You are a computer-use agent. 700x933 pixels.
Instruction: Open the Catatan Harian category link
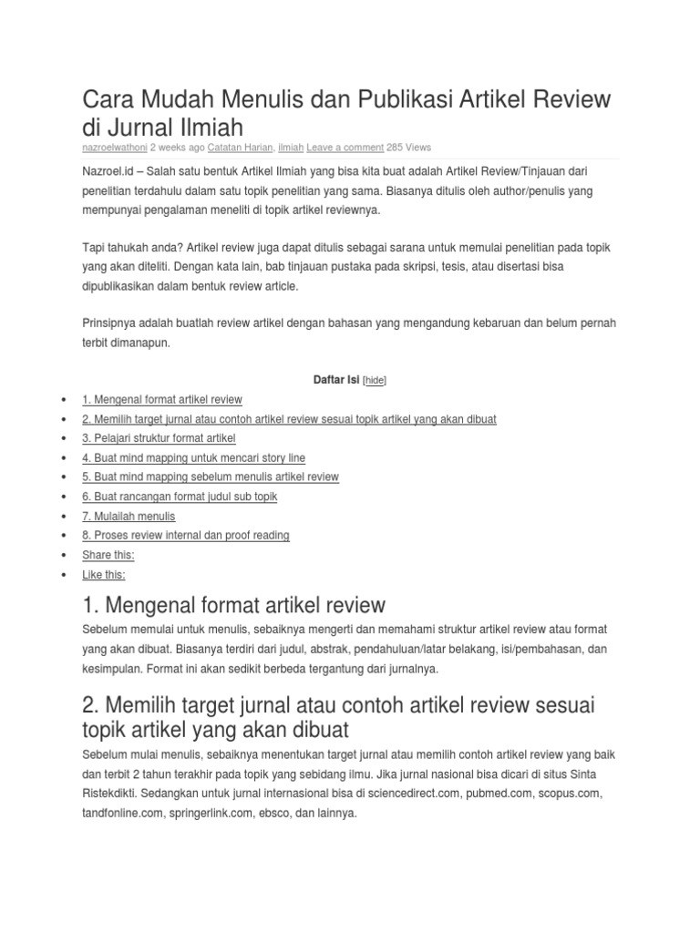click(x=241, y=147)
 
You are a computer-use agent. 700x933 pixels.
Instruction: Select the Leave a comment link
click(x=345, y=147)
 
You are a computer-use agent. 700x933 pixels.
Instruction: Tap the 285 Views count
click(x=409, y=147)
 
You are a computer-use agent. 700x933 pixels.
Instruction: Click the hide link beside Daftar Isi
click(x=375, y=381)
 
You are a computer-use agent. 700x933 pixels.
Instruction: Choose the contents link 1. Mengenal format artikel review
click(x=162, y=399)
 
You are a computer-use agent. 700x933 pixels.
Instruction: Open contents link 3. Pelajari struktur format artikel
click(x=159, y=438)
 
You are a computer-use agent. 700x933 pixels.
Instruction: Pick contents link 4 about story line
click(x=193, y=457)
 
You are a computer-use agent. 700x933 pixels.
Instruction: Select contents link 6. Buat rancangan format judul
click(x=180, y=497)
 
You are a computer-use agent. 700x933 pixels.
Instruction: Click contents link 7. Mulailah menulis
click(x=129, y=516)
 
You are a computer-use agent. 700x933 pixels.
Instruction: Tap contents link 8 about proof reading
click(x=186, y=535)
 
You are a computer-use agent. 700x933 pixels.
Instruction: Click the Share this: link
click(x=108, y=555)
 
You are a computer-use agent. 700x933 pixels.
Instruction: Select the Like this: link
click(x=104, y=575)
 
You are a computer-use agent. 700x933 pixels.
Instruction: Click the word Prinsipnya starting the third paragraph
click(x=110, y=323)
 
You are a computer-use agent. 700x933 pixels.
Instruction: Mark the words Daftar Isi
click(x=335, y=380)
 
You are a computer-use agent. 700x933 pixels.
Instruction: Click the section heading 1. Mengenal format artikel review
click(x=234, y=604)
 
